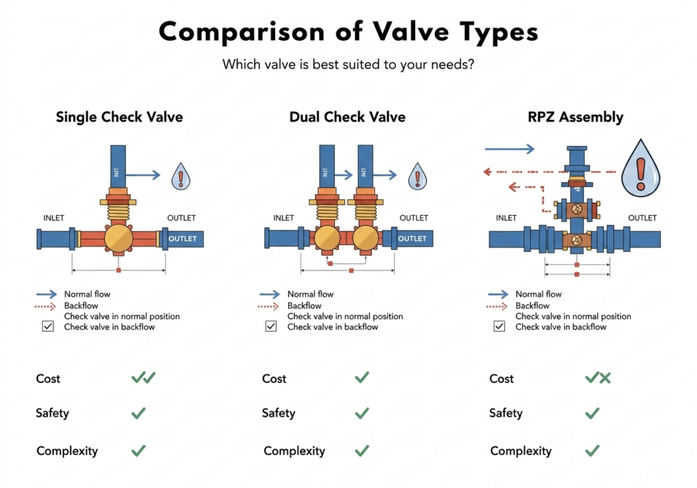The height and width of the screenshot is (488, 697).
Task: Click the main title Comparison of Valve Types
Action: tap(348, 32)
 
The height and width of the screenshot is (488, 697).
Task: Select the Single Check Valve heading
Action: tap(119, 117)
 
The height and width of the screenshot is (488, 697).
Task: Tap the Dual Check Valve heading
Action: tap(347, 117)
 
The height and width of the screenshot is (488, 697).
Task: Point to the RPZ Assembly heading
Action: tap(576, 117)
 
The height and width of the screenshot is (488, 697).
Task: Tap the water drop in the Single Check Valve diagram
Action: tap(180, 176)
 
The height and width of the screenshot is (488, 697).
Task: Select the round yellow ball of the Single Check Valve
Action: tap(118, 240)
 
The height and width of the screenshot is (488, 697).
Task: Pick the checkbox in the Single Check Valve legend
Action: tap(48, 327)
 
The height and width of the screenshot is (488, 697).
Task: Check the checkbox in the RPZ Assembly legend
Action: tap(500, 327)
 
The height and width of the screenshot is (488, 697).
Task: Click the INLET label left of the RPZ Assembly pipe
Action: tap(506, 218)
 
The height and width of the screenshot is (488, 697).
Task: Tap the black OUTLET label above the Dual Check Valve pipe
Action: tap(414, 218)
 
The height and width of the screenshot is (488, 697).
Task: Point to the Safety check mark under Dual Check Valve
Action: tap(362, 413)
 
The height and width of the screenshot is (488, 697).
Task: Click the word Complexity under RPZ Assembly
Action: tap(521, 451)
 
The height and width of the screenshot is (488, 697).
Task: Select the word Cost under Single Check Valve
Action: tap(48, 378)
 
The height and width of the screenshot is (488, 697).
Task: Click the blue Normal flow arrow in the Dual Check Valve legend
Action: tap(270, 295)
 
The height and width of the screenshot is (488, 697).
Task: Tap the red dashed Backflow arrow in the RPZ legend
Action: tap(498, 306)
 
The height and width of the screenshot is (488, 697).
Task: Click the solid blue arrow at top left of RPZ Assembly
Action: tap(510, 149)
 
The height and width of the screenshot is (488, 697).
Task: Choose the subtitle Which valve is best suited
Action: tap(348, 65)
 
